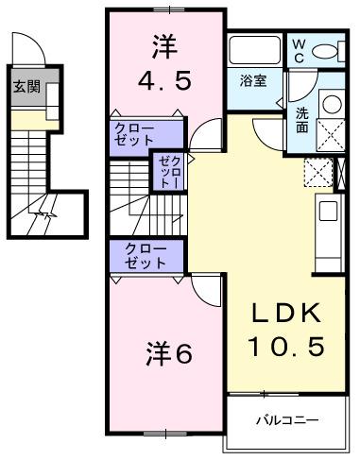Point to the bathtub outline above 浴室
coord(253,50)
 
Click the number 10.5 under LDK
coord(286,347)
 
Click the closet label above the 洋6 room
coord(146,256)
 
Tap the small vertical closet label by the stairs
coord(166,173)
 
